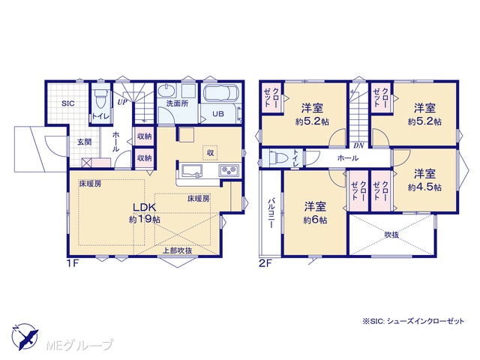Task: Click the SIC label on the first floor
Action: tap(68, 103)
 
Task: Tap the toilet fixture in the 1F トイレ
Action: tap(100, 98)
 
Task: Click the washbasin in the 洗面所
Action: tap(167, 91)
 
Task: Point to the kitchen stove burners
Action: tap(229, 169)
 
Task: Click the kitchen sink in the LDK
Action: tap(192, 171)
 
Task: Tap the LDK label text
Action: tap(145, 207)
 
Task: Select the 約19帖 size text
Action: tap(145, 220)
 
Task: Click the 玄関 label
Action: tap(84, 142)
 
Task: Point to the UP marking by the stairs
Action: tap(122, 102)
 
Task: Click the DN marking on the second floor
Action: tap(358, 145)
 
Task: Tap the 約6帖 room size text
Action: tap(315, 220)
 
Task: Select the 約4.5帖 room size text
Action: tap(424, 187)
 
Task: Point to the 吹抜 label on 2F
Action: tap(391, 235)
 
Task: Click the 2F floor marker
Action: tap(265, 264)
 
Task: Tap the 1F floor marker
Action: tap(73, 263)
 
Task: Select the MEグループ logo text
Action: tap(79, 345)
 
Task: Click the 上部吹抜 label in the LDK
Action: tap(177, 250)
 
